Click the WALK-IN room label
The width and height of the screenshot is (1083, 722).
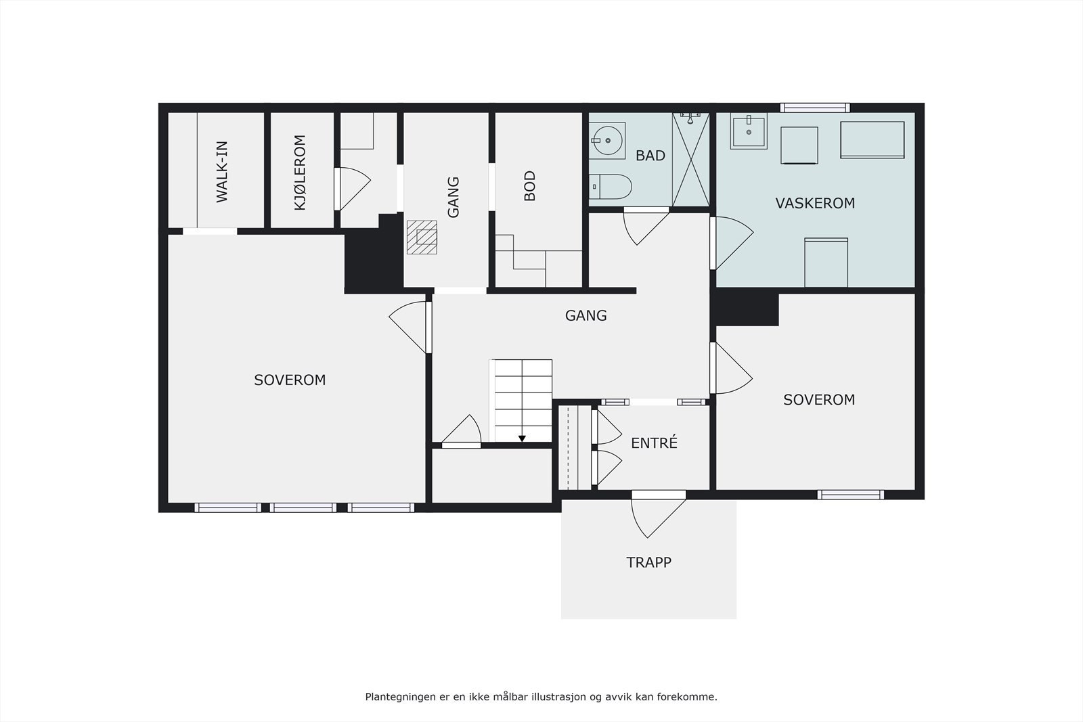point(222,172)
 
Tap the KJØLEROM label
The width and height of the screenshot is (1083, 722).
point(301,173)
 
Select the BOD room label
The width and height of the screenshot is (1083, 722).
point(530,186)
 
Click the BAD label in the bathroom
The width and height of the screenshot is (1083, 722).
point(650,156)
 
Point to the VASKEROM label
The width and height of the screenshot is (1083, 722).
point(815,203)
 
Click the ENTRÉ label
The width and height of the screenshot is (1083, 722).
point(654,443)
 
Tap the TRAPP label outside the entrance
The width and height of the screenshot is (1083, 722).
point(649,562)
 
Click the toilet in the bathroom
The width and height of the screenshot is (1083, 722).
point(610,187)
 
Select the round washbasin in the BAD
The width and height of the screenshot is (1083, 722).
point(607,141)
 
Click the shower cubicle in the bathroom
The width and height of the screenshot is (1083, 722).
point(691,160)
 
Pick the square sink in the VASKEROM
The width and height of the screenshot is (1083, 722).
point(749,131)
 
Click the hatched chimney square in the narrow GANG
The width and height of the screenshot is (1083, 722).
point(422,238)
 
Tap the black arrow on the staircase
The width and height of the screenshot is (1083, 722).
point(522,438)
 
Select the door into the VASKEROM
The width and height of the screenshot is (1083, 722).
point(731,243)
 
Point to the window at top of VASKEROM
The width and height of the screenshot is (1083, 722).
point(815,108)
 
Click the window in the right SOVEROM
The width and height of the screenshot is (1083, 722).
point(850,495)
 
